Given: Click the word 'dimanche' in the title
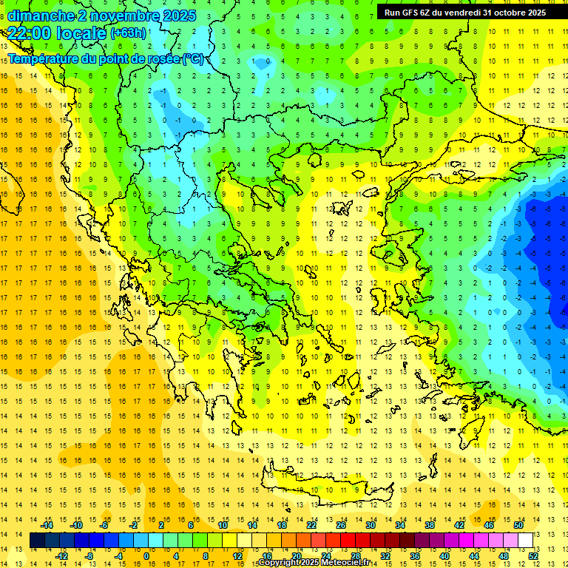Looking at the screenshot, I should pos(40,15).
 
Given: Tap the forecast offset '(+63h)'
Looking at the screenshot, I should pos(127,33).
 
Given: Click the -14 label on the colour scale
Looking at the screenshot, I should pos(47,524).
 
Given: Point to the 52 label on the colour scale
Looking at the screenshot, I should pos(533,555).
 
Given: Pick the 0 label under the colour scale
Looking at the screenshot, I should pos(146,555).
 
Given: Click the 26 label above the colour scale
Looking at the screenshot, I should pos(341,524).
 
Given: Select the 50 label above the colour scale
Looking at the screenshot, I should pos(518,524).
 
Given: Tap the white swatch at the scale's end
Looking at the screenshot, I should pos(525,541).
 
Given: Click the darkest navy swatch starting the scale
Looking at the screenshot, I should pos(38,541).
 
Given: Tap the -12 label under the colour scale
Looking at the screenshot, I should pos(62,555).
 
